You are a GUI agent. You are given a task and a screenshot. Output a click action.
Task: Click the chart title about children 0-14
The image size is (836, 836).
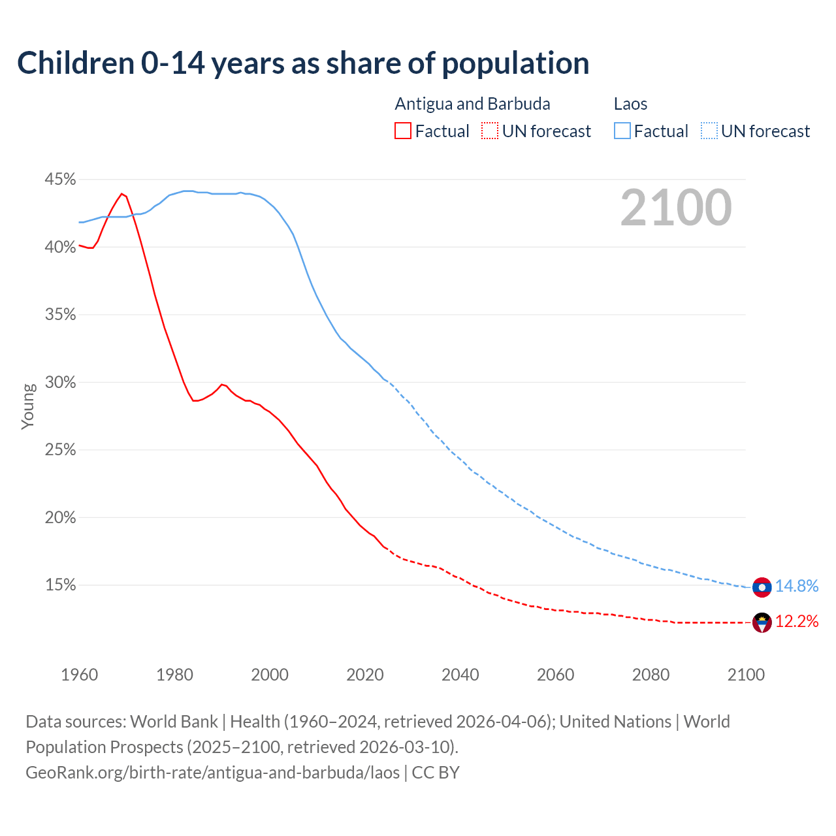tap(303, 63)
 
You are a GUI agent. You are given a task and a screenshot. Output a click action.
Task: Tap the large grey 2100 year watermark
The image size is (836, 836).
tap(676, 208)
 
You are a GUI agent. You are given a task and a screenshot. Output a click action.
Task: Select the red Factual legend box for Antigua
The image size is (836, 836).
tap(403, 131)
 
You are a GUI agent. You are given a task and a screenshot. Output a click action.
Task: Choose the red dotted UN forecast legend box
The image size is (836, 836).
tap(490, 131)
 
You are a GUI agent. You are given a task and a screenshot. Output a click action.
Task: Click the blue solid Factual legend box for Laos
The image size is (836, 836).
tap(622, 131)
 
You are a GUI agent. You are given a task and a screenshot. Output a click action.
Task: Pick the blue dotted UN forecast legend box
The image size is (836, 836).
tap(709, 131)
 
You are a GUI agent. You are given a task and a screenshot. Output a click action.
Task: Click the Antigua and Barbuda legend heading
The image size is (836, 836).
tap(472, 104)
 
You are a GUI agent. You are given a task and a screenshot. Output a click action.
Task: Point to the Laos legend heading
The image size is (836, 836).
tap(630, 104)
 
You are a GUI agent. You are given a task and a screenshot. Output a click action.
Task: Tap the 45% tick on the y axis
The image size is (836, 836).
tap(60, 179)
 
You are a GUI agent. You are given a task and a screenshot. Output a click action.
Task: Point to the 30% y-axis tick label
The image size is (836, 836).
tap(60, 382)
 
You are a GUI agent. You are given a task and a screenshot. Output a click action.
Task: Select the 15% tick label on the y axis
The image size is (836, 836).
tap(60, 585)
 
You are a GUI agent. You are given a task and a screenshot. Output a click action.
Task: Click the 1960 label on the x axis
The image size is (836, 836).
tap(79, 675)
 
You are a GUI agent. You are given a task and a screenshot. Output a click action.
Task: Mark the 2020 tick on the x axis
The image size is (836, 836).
tap(365, 675)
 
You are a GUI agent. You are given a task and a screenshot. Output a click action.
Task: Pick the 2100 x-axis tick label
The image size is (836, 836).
tap(746, 675)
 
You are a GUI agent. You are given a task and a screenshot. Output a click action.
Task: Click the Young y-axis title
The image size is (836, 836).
tap(28, 406)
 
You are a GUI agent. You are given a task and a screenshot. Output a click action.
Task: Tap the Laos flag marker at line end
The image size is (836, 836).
tap(762, 587)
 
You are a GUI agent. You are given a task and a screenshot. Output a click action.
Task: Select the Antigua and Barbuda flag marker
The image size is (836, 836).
tap(762, 622)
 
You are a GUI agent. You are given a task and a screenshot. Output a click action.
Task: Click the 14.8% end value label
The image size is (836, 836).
tap(797, 586)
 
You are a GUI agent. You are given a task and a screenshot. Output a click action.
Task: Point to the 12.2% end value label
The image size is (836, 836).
tap(797, 621)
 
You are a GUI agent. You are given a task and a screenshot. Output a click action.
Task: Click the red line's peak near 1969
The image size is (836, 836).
tap(121, 193)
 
